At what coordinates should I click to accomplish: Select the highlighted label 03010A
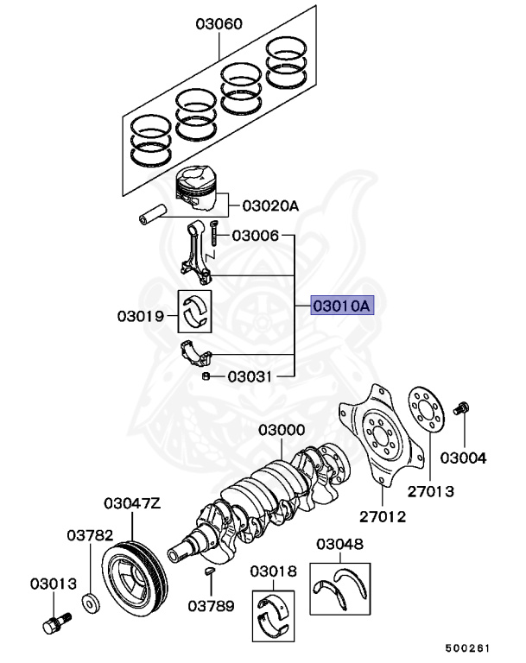pyautogui.click(x=342, y=305)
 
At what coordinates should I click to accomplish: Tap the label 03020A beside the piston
pyautogui.click(x=269, y=205)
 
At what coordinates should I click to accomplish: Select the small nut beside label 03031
pyautogui.click(x=206, y=376)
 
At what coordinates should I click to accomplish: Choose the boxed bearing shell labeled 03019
pyautogui.click(x=198, y=313)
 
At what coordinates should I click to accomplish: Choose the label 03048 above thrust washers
pyautogui.click(x=339, y=544)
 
